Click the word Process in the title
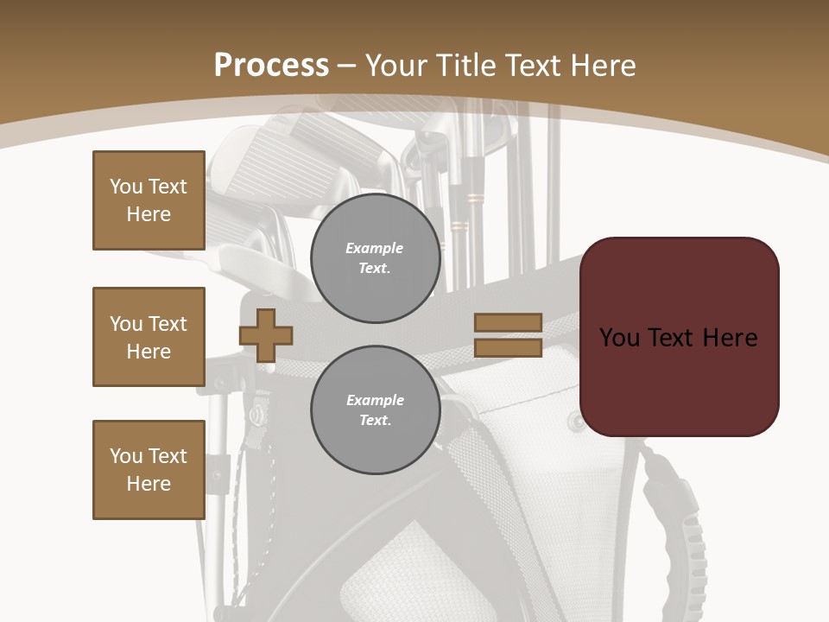point(271,66)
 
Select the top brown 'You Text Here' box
point(149,200)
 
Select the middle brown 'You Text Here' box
point(149,337)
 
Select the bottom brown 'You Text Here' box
point(149,470)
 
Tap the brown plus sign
point(266,335)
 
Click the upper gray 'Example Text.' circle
point(375,258)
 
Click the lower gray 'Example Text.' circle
point(375,410)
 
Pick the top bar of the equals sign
point(508,323)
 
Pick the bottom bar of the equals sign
point(508,347)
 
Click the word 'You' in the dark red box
point(619,338)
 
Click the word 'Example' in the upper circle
point(375,248)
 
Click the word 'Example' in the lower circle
point(375,400)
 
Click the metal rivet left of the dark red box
point(573,422)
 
